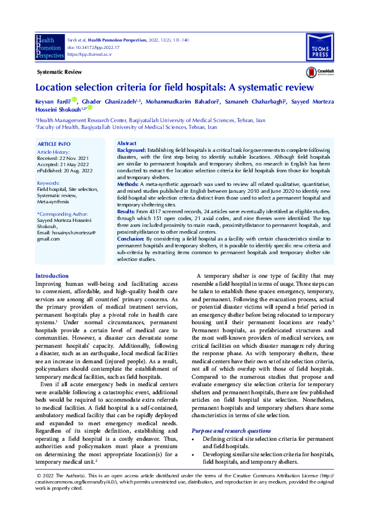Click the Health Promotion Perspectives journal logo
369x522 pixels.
pos(50,46)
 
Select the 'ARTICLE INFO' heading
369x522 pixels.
pos(54,144)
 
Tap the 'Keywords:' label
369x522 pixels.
pos(48,183)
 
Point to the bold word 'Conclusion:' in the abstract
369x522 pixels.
pos(131,238)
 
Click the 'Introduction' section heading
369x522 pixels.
pos(52,276)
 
